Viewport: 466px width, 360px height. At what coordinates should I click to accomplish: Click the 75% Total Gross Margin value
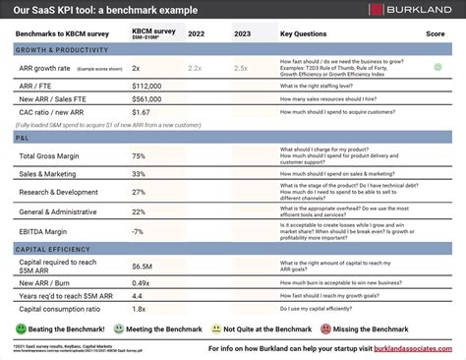tap(139, 156)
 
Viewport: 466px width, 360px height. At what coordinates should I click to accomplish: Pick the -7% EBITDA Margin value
tap(138, 231)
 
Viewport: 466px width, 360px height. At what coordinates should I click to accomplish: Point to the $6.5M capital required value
tap(142, 266)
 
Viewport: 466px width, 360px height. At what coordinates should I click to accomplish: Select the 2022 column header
tap(197, 32)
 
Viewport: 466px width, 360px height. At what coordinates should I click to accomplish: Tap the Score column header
tap(437, 32)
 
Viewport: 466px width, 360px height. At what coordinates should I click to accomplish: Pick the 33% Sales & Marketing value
tap(139, 175)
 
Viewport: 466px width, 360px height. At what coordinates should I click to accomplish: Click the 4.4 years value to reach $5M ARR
tap(138, 295)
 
